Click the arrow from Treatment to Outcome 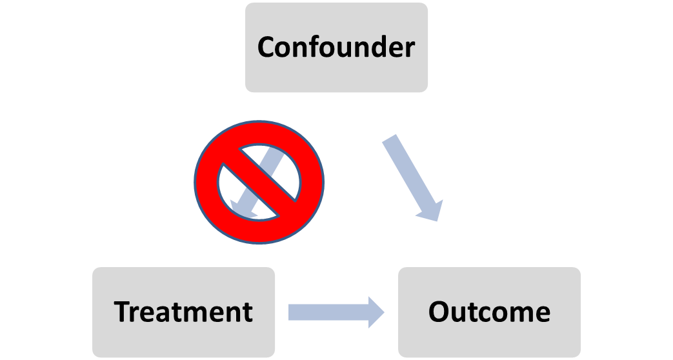click(x=329, y=312)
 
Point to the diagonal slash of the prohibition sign click(x=259, y=182)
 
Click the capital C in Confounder click(x=268, y=47)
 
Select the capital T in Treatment click(x=123, y=312)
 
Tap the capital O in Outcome click(x=439, y=312)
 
